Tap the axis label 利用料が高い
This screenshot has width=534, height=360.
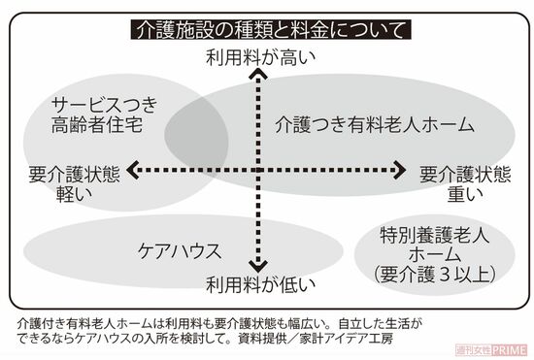point(260,57)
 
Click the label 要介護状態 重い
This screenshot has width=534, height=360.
point(464,183)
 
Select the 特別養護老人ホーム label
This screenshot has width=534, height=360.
point(435,245)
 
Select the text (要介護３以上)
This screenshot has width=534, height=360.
point(435,274)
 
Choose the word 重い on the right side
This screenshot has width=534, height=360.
point(464,194)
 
